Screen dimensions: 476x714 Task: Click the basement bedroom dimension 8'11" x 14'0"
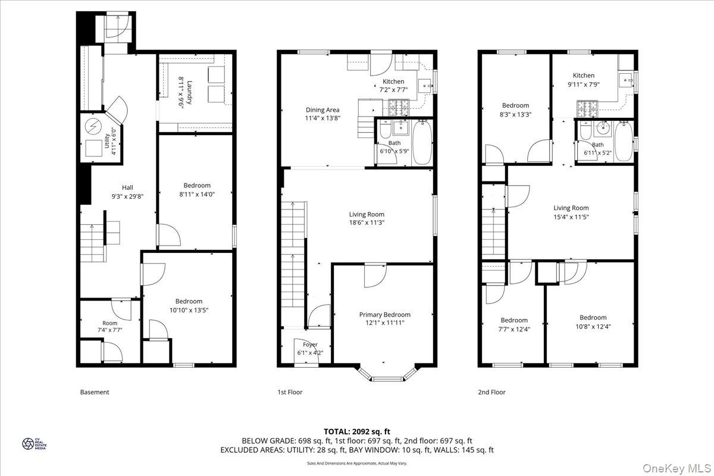tap(196, 194)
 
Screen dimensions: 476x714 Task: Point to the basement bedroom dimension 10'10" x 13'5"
tap(189, 310)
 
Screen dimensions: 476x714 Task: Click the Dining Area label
tap(323, 110)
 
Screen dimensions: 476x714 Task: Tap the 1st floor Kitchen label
tap(393, 82)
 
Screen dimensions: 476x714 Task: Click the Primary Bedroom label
tap(384, 315)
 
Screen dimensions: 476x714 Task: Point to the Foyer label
tap(310, 345)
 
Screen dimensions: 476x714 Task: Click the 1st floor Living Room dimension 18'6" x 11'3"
tap(367, 223)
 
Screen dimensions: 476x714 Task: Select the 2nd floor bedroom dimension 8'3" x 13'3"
tap(515, 114)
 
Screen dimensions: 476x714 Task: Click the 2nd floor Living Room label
tap(571, 208)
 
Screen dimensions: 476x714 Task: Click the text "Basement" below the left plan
tap(95, 392)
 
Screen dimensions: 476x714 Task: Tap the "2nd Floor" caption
tap(491, 392)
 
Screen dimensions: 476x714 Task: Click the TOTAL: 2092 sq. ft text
tap(357, 431)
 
